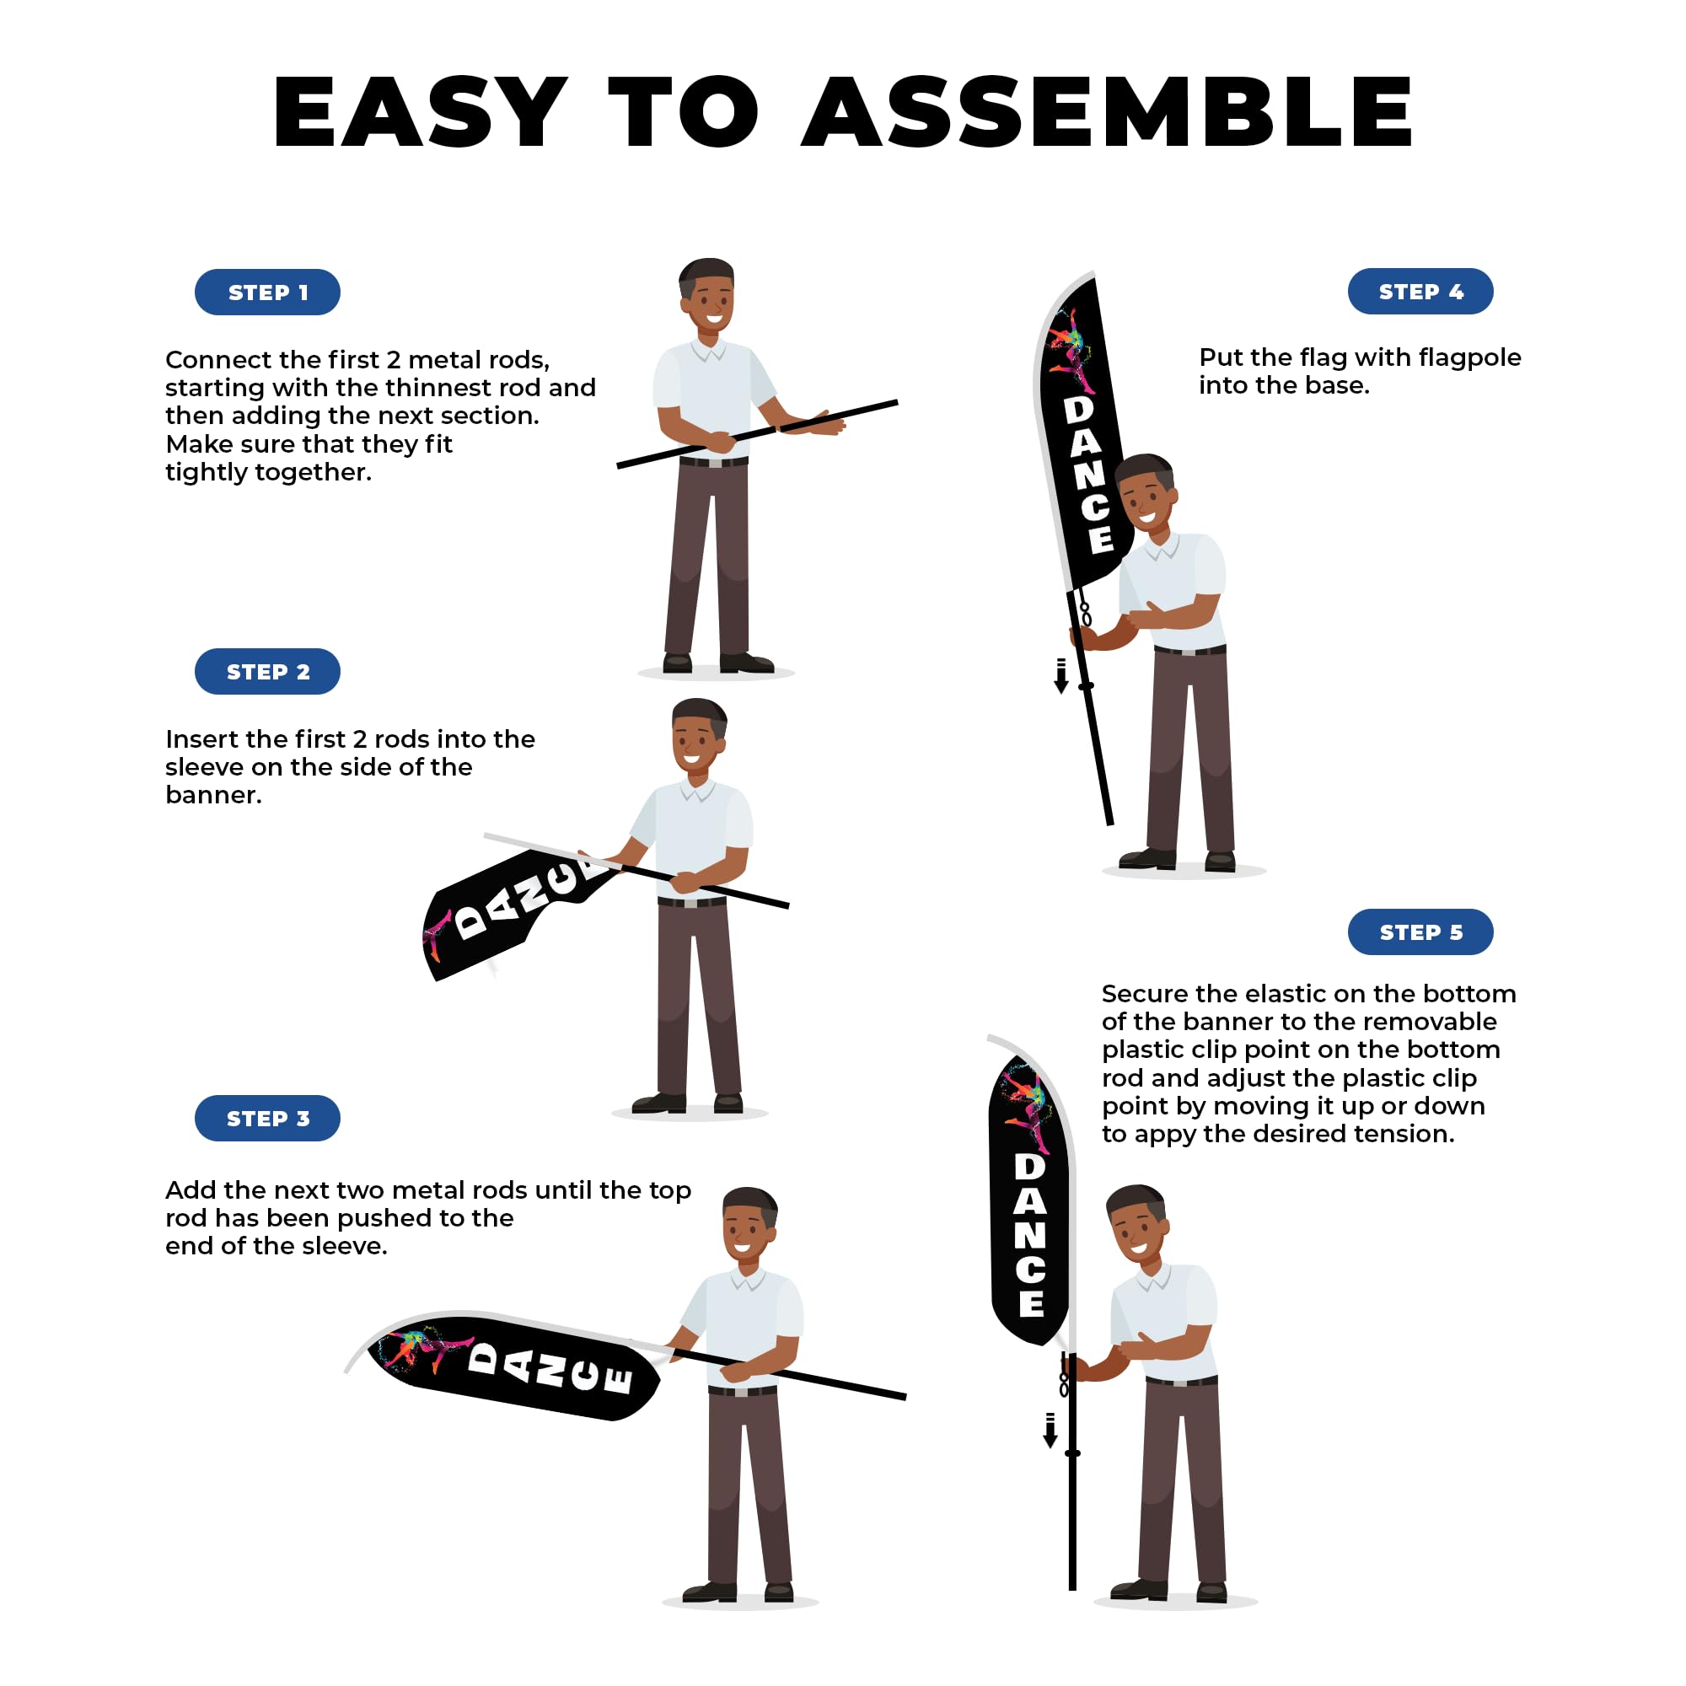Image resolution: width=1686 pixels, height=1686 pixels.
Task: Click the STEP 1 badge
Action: pyautogui.click(x=267, y=292)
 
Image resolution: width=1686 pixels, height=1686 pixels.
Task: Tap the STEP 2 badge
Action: pyautogui.click(x=267, y=671)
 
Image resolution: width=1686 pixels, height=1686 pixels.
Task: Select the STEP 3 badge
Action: pyautogui.click(x=267, y=1118)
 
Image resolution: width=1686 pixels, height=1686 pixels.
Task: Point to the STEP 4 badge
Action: pyautogui.click(x=1420, y=291)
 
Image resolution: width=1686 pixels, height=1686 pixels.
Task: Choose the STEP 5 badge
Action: pyautogui.click(x=1420, y=932)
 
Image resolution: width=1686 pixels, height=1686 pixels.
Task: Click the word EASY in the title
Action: pyautogui.click(x=421, y=112)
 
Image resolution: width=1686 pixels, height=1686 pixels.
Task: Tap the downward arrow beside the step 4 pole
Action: pyautogui.click(x=1061, y=675)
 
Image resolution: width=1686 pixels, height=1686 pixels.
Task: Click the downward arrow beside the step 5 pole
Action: pyautogui.click(x=1050, y=1430)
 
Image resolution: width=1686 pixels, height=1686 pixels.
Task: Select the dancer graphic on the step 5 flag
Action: pyautogui.click(x=1030, y=1105)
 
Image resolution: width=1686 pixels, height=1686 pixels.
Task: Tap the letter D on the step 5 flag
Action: pyautogui.click(x=1030, y=1167)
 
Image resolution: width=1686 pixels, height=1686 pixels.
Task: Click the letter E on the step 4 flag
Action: pyautogui.click(x=1101, y=539)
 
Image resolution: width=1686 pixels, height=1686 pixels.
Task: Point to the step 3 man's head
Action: pyautogui.click(x=749, y=1224)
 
